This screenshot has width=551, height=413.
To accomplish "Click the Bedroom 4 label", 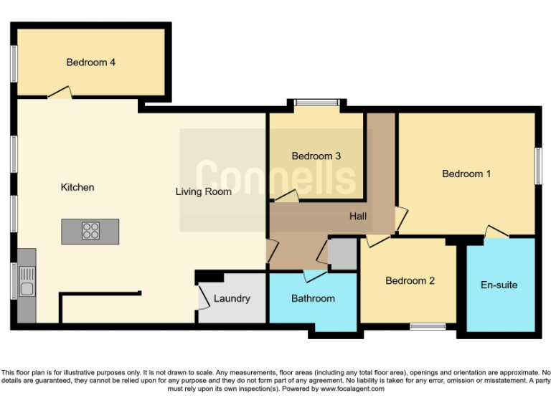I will [x=91, y=62].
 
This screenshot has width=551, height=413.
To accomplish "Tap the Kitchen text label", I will [x=77, y=187].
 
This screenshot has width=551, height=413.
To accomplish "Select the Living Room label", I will [x=204, y=191].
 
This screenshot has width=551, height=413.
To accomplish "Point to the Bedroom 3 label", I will [x=316, y=156].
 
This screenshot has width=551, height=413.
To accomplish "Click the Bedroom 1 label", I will [x=466, y=174].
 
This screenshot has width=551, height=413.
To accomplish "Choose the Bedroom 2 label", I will [x=410, y=280].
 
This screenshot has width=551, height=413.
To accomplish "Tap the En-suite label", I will [x=499, y=285].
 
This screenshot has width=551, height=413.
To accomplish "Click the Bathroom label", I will [x=313, y=298].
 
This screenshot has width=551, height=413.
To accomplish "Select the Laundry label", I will [x=232, y=298].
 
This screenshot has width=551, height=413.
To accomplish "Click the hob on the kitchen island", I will [x=91, y=231].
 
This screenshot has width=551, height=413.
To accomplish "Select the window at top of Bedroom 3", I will [x=316, y=103].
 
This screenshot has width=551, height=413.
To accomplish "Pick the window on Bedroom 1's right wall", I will [x=537, y=166].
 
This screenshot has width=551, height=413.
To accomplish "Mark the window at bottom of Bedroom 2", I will [x=428, y=327].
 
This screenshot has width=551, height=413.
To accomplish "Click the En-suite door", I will [x=496, y=231].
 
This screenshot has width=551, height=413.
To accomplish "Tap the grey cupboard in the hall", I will [x=342, y=253].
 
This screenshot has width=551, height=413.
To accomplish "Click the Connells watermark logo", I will [x=275, y=177].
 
